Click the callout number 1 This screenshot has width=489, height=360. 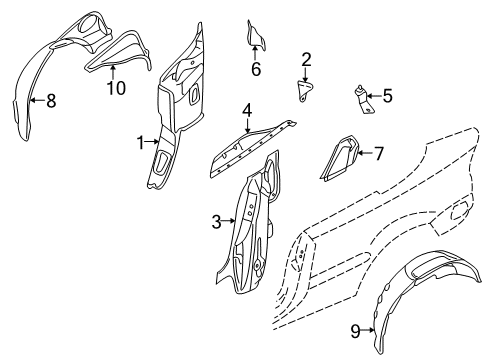point(141,142)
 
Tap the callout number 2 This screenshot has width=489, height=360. point(306,60)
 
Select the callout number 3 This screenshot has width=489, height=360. point(217,222)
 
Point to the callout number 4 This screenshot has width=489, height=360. point(246,109)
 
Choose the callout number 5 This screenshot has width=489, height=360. point(388,97)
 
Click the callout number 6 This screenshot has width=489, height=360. point(255,70)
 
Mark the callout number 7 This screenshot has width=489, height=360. point(378,154)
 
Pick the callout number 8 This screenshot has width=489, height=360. point(52,100)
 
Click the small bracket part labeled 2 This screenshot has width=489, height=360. point(302,88)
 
